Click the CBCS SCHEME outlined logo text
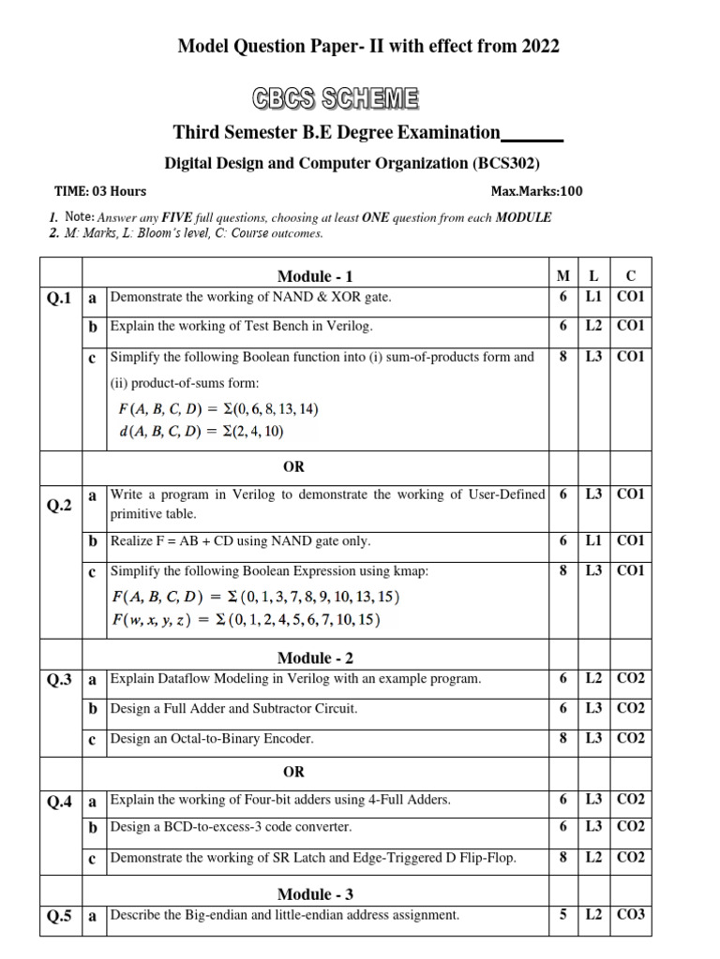[x=335, y=98]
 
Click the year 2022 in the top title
[x=539, y=45]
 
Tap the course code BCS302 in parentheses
[x=506, y=163]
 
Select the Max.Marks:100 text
[x=536, y=191]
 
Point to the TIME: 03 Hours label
[x=100, y=191]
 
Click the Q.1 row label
[x=59, y=298]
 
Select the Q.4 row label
[x=59, y=802]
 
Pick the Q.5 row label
[x=59, y=917]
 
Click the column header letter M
[x=562, y=275]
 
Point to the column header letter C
[x=630, y=275]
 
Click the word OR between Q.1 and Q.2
[x=293, y=466]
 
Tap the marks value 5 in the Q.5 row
[x=562, y=915]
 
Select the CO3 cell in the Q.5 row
[x=631, y=915]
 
